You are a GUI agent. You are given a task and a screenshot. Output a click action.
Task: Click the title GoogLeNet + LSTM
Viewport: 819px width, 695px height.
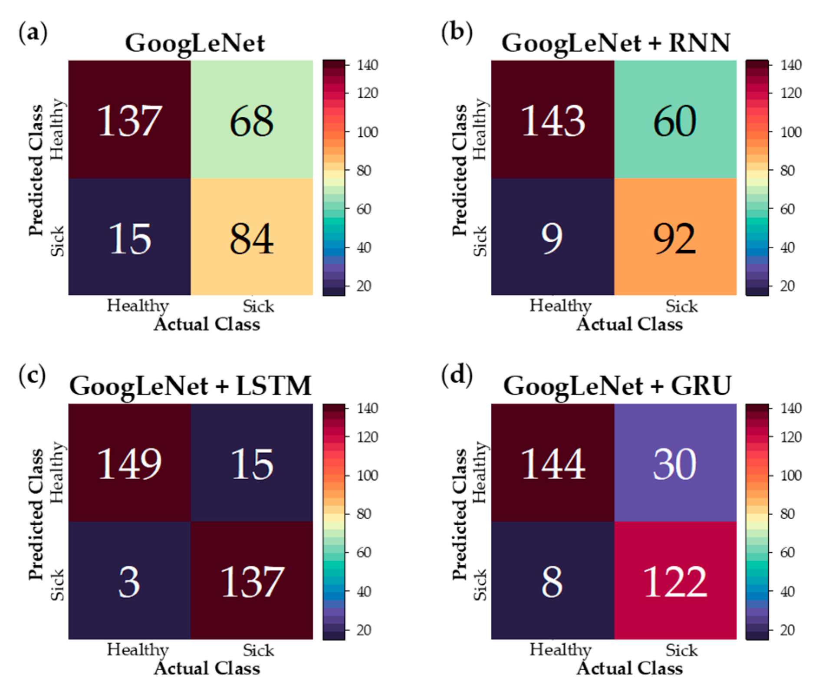click(190, 385)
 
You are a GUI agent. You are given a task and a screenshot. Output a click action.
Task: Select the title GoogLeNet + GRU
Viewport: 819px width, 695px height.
click(617, 385)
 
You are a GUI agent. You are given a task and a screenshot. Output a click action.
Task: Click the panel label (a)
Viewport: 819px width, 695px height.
click(33, 33)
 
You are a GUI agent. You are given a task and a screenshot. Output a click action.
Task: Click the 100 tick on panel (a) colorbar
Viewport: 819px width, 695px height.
click(367, 132)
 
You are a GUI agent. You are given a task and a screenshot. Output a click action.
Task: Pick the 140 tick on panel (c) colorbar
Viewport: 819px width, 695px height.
click(367, 408)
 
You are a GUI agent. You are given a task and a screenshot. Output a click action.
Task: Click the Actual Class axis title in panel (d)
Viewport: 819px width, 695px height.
click(629, 668)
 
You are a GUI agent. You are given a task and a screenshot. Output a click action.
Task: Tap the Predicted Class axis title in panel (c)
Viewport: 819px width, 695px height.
click(36, 514)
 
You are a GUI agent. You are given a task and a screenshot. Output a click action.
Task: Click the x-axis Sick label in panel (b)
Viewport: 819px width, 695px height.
click(681, 306)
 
